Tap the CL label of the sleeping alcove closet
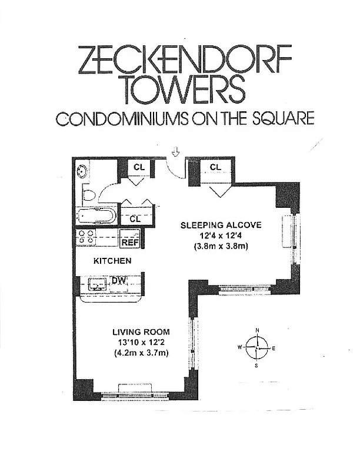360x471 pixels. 215,167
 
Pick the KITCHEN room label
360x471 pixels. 112,260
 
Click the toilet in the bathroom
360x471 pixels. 88,194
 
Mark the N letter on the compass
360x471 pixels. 257,330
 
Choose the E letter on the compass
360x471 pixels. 274,348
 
